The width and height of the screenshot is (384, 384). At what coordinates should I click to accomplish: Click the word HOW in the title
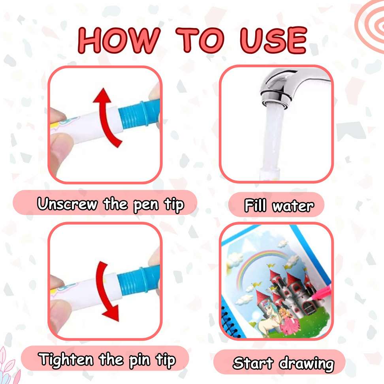(119, 41)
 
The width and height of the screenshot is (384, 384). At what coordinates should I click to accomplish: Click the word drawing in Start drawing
(306, 363)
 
